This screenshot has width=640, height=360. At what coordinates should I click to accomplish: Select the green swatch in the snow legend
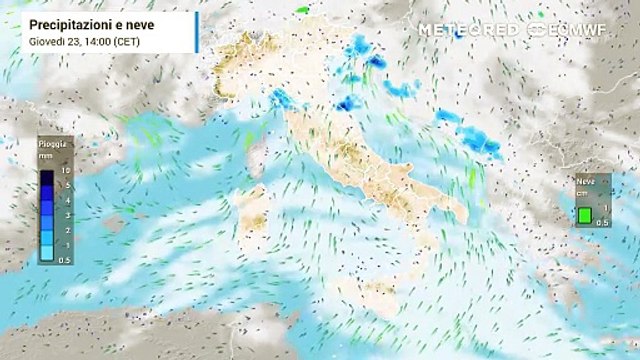click(x=583, y=213)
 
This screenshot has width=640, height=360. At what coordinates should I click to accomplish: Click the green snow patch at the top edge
click(x=302, y=10)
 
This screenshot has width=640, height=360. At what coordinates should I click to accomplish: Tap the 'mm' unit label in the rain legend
click(x=47, y=156)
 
